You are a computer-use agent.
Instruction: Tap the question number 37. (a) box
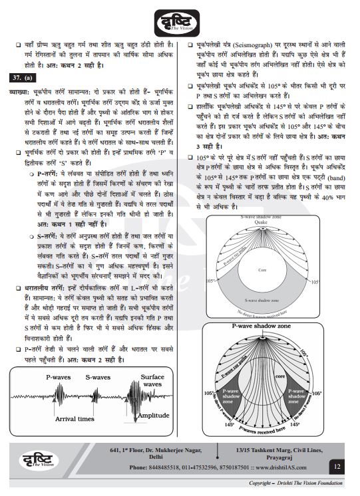click(x=23, y=78)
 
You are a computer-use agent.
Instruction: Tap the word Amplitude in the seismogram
click(x=154, y=416)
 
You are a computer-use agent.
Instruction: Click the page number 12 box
click(x=337, y=467)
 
